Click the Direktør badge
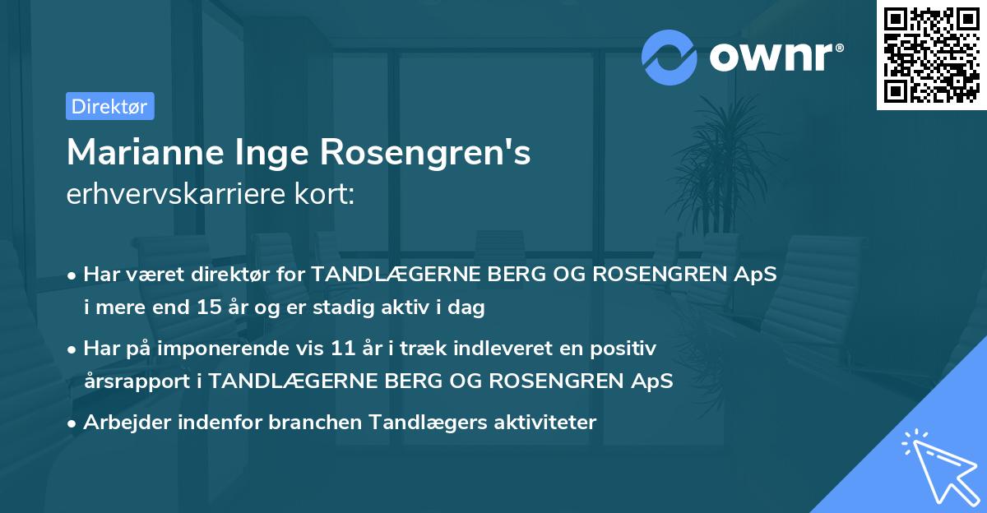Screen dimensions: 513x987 pos(109,106)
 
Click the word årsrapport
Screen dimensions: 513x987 pos(135,381)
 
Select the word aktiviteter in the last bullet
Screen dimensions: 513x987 pos(544,422)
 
